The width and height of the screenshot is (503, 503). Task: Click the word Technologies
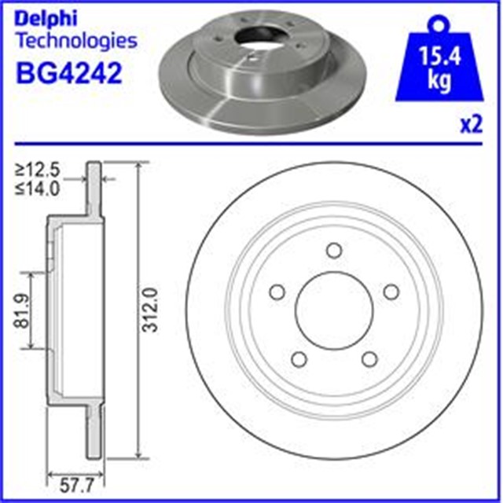point(76,41)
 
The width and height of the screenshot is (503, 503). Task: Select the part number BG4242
point(68,74)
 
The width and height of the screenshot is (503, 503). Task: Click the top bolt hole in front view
point(333,251)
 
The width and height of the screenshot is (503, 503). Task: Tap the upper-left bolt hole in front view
point(277,292)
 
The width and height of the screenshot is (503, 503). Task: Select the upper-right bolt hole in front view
point(390,292)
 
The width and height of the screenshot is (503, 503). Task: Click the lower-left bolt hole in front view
point(299,358)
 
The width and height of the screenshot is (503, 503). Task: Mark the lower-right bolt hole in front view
point(368,358)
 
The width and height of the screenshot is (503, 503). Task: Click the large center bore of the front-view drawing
point(333,310)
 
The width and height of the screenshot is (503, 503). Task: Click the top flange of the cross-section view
point(94,189)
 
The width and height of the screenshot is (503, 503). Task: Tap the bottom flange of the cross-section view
point(94,432)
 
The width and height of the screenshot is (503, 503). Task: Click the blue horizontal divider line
point(251,144)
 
